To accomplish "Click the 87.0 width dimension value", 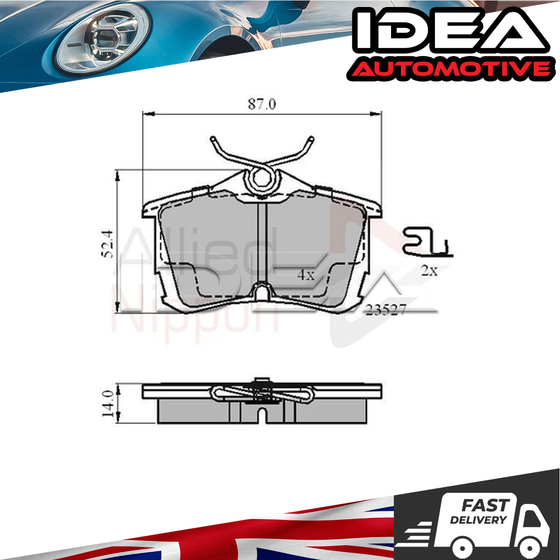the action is [x=262, y=105].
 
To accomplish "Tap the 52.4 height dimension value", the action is [x=107, y=244].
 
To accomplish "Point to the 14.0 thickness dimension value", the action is [x=107, y=404].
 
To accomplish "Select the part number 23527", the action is [x=385, y=310].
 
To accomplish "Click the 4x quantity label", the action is [x=306, y=274].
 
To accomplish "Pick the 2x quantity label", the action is [x=429, y=271].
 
